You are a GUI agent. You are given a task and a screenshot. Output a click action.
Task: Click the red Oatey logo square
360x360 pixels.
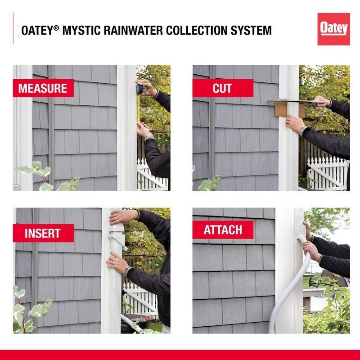(333, 29)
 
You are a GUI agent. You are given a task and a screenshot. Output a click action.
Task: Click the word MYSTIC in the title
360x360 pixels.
(81, 30)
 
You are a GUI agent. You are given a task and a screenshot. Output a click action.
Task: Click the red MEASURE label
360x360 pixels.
(43, 88)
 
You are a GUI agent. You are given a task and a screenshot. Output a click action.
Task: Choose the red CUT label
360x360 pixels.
(223, 88)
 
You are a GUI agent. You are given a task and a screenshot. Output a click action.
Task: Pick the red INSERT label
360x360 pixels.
(43, 233)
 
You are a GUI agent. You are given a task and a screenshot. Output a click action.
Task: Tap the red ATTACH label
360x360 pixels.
(223, 229)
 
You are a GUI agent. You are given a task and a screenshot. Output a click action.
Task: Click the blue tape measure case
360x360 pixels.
(140, 89)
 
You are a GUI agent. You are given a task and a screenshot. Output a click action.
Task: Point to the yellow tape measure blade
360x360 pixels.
(138, 108)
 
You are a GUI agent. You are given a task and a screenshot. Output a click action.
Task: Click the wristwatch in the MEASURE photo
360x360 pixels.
(149, 138)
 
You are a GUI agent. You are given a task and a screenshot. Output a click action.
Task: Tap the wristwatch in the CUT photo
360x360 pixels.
(303, 130)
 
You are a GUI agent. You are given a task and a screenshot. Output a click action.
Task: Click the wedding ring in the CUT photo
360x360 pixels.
(289, 123)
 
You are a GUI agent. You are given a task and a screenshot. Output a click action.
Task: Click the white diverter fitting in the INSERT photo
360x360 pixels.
(117, 238)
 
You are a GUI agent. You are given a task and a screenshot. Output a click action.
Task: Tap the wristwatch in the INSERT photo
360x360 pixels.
(127, 272)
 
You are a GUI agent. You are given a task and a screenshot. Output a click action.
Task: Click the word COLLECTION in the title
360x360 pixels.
(197, 30)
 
